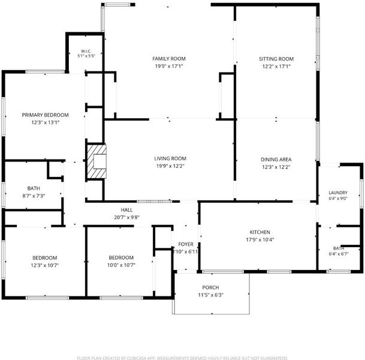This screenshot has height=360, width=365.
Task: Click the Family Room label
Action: pos(169,59)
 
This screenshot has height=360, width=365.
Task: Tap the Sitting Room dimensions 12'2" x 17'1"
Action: pos(276,67)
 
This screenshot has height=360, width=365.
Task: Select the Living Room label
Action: pos(170,158)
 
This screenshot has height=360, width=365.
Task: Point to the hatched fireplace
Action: pos(96,162)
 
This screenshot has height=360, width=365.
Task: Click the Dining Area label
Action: pos(276,160)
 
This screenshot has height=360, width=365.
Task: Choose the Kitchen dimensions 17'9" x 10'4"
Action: pos(260,239)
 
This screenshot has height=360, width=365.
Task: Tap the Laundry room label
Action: pos(338,193)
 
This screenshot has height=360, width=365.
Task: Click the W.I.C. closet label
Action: pos(86,51)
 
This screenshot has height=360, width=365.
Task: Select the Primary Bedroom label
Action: pos(45,115)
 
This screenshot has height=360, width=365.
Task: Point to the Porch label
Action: pos(210,287)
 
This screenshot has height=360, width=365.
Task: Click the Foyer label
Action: pos(186,244)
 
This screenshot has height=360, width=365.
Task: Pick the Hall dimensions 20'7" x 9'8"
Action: pos(126,217)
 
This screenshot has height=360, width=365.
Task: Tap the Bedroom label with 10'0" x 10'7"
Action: pos(121,257)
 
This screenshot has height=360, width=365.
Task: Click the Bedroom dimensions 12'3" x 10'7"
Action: pos(45,265)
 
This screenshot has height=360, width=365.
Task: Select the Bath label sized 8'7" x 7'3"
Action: pos(34,188)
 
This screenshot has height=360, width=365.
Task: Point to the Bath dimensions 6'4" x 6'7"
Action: pos(339,254)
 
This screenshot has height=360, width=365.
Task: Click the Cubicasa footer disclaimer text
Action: pos(182,358)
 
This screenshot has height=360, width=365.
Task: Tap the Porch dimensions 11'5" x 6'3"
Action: pos(210,295)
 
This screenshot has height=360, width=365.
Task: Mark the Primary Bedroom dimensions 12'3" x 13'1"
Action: pos(46,122)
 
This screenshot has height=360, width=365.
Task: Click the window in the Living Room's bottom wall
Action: pos(154,202)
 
